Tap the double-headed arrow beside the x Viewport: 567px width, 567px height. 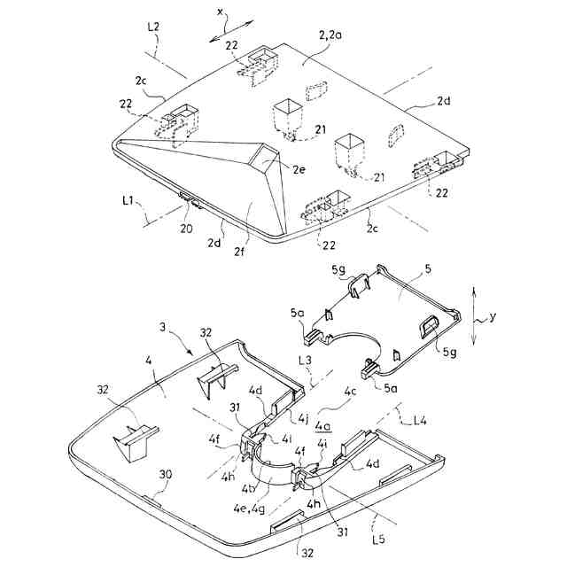(219, 33)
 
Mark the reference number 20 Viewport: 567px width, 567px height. (186, 227)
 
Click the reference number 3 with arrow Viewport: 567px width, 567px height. (166, 328)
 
